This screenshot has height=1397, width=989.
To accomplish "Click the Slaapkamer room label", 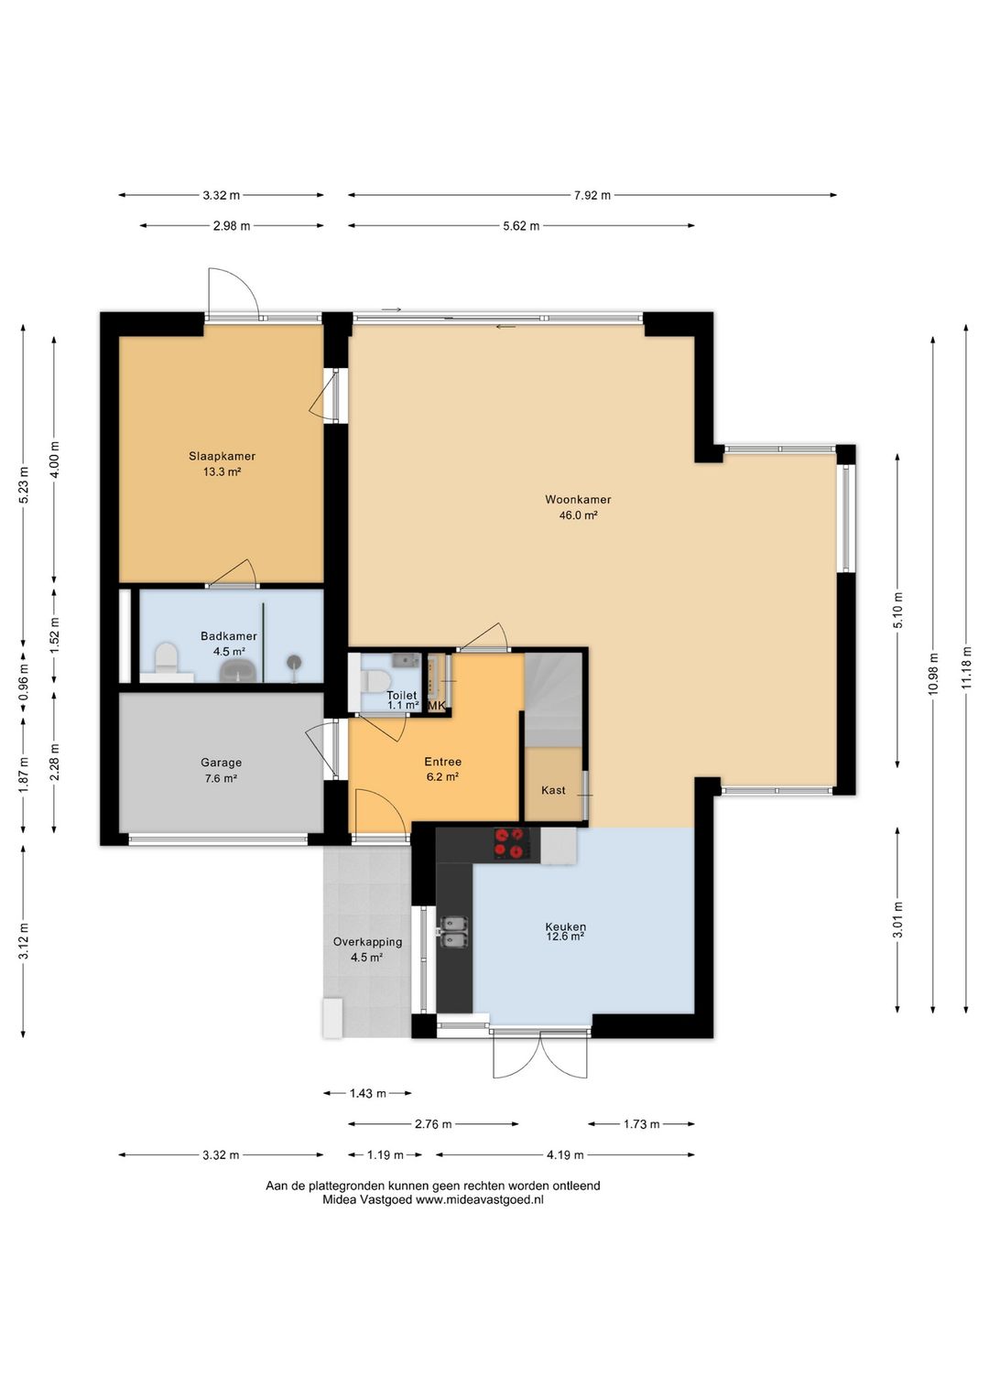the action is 223,457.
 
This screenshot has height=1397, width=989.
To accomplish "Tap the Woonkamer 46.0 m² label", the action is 578,507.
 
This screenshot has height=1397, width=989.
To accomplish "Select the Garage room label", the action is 221,763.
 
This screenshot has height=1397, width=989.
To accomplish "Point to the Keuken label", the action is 565,926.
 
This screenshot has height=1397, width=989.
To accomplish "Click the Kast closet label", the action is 553,790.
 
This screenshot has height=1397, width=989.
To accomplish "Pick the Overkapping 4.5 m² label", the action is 367,949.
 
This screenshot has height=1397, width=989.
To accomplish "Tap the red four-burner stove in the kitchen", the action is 510,843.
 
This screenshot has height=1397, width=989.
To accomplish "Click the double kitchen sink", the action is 454,932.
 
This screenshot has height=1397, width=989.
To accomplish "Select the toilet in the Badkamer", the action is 167,659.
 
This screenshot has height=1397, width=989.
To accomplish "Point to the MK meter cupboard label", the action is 437,705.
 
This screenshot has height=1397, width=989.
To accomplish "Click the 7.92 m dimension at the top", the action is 592,195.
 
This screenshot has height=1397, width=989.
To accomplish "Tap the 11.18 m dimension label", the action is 966,666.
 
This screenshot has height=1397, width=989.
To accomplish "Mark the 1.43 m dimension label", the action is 367,1093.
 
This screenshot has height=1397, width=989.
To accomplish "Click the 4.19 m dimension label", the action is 565,1154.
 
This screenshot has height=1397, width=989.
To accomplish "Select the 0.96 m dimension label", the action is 24,684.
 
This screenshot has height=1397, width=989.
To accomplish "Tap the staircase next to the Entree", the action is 553,699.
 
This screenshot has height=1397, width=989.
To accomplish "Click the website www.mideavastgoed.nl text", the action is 479,1198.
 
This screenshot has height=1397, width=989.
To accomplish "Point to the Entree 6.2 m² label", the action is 442,769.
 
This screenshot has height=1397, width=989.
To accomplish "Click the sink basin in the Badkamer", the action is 238,671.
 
